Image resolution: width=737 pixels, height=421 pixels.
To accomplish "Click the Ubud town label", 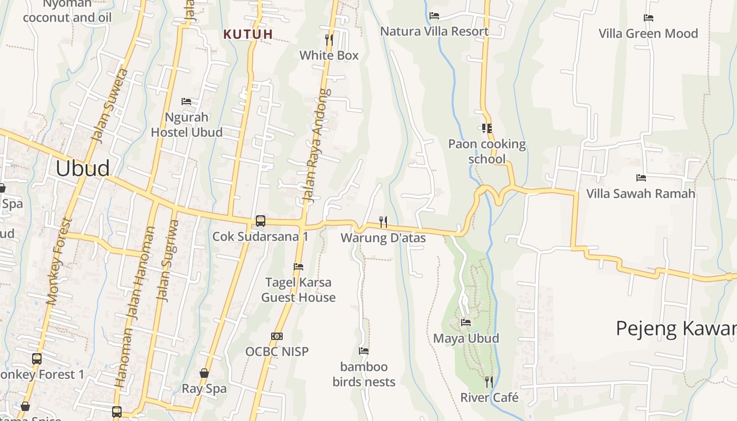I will pyautogui.click(x=83, y=168).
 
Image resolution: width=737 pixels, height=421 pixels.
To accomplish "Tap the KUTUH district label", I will pyautogui.click(x=248, y=35).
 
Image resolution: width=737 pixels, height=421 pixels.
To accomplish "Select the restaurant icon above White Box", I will pyautogui.click(x=329, y=39).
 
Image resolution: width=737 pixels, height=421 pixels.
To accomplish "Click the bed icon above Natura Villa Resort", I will pyautogui.click(x=434, y=16).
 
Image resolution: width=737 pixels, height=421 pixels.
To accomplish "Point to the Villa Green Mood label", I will pyautogui.click(x=648, y=34).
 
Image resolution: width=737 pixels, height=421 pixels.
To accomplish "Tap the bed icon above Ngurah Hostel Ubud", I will pyautogui.click(x=186, y=102).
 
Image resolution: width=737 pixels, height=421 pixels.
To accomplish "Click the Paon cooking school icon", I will pyautogui.click(x=486, y=128).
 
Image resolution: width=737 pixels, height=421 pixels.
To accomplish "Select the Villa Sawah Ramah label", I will pyautogui.click(x=641, y=194).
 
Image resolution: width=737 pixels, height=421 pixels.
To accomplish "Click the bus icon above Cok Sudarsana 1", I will pyautogui.click(x=260, y=221).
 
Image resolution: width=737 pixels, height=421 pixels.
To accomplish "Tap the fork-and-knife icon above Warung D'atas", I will pyautogui.click(x=383, y=222).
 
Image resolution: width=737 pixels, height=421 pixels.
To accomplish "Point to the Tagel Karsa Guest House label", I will pyautogui.click(x=298, y=290).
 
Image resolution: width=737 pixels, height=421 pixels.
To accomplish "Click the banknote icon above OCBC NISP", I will pyautogui.click(x=277, y=336).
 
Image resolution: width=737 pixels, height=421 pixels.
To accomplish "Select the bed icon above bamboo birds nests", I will pyautogui.click(x=364, y=351).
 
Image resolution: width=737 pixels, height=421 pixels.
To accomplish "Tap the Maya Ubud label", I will pyautogui.click(x=466, y=338).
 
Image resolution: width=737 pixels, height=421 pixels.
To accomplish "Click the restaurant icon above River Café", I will pyautogui.click(x=489, y=382).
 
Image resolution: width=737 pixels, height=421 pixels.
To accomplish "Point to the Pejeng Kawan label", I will pyautogui.click(x=676, y=328).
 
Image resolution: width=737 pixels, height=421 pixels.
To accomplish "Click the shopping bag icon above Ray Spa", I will pyautogui.click(x=204, y=374).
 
